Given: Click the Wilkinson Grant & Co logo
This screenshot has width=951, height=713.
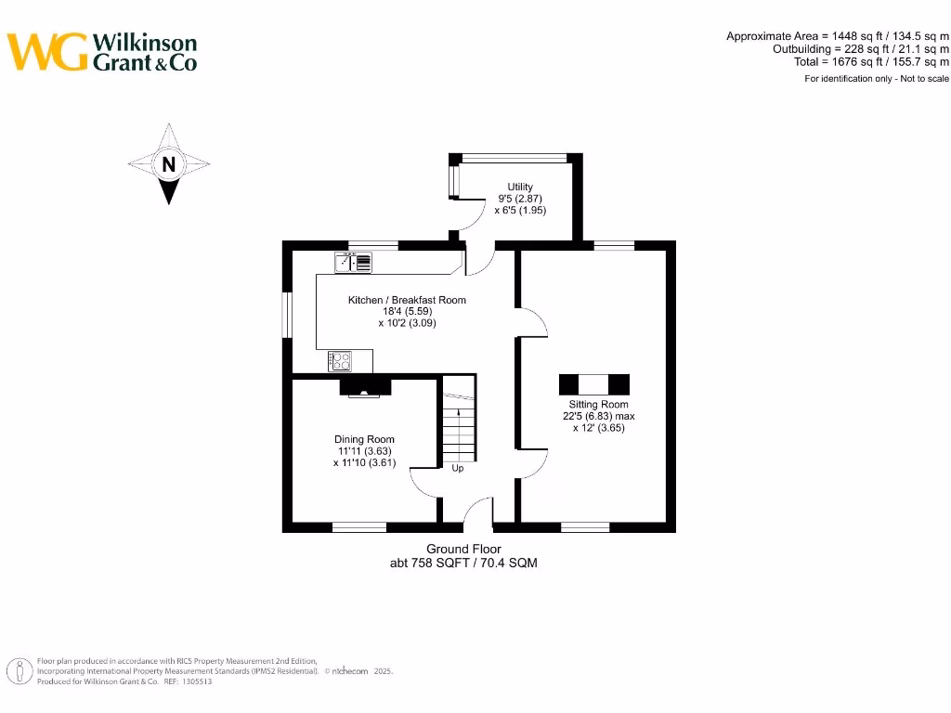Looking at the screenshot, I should [x=102, y=52].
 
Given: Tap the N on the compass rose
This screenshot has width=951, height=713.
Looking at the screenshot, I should [x=168, y=165].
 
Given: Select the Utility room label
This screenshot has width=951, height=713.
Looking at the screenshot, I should [x=519, y=188].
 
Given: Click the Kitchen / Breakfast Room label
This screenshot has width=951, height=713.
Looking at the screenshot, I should [x=407, y=300].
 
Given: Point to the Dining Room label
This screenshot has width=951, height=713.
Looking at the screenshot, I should [x=364, y=439].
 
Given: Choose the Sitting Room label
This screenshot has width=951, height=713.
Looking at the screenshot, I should [x=598, y=405].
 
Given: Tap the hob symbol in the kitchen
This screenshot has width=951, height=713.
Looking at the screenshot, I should [x=340, y=360].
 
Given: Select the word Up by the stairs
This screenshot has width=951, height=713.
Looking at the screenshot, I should [x=458, y=468].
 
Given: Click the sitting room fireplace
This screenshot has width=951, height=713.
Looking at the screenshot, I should [x=593, y=384].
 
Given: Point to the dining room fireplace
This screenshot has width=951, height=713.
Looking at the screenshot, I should [x=364, y=388].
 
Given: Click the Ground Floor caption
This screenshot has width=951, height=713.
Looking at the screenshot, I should [x=463, y=550].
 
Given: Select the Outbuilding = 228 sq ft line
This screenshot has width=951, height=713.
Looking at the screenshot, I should [x=860, y=49].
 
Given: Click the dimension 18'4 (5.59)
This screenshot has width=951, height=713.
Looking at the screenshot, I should [x=407, y=312].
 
